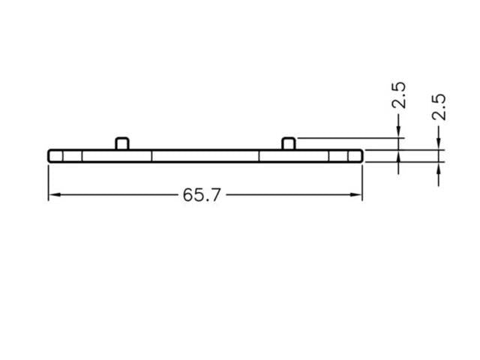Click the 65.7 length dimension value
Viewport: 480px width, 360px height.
[201, 195]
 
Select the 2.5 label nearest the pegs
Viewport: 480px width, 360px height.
[399, 95]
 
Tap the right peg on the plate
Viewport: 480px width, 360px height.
[288, 142]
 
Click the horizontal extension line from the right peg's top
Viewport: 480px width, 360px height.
[345, 138]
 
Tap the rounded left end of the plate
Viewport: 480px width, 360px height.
[51, 155]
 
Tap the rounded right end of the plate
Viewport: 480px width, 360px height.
[360, 155]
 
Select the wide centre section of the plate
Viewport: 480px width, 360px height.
[205, 155]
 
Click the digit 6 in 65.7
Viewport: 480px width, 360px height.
[187, 195]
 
